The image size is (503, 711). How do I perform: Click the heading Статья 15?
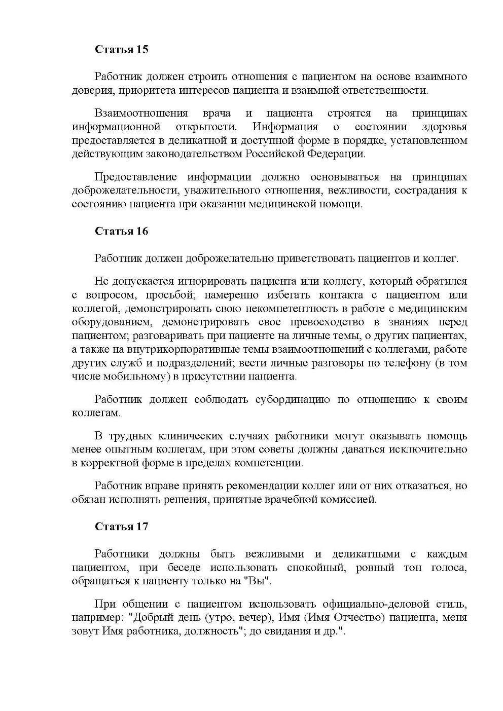point(122,50)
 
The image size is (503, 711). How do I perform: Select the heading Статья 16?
point(122,231)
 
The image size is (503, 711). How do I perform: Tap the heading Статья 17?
point(122,527)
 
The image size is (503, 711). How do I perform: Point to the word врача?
point(217,113)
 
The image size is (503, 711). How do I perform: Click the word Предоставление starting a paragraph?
point(136,177)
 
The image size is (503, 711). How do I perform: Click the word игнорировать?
point(212,281)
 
